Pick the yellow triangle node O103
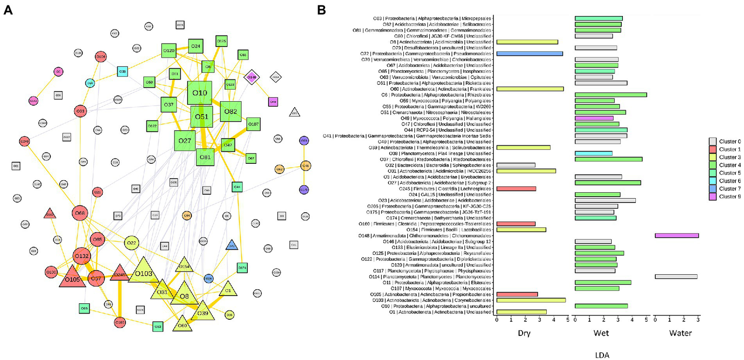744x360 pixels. tap(143, 272)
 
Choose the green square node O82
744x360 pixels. tap(231, 112)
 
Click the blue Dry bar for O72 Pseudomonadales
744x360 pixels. tap(529, 53)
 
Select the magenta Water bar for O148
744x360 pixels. tap(677, 235)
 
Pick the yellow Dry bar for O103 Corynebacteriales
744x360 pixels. tap(531, 300)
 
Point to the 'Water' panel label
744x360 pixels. tap(676, 333)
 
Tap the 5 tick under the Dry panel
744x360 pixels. tap(567, 320)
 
